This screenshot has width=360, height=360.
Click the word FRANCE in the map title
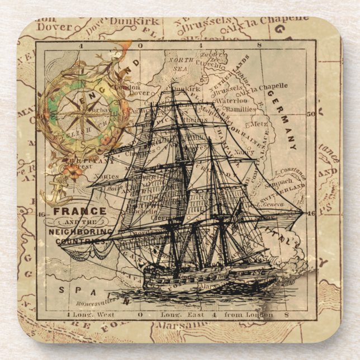click(x=79, y=211)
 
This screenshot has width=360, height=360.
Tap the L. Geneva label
click(x=271, y=205)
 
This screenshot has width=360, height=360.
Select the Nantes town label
click(x=106, y=176)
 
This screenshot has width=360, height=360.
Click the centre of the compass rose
click(x=76, y=115)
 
